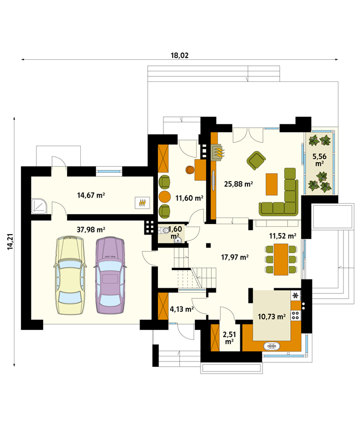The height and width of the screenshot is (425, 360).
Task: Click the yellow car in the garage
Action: tap(70, 275)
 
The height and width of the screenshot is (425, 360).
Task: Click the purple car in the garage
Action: tap(110, 275)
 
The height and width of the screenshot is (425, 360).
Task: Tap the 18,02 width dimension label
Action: tap(179, 55)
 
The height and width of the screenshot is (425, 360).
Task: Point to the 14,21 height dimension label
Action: tap(10, 241)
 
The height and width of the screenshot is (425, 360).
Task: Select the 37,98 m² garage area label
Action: tap(91, 230)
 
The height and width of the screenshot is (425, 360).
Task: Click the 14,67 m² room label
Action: tap(91, 195)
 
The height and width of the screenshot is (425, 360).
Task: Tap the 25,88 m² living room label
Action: tap(239, 184)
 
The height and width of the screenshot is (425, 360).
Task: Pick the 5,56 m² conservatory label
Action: tap(320, 159)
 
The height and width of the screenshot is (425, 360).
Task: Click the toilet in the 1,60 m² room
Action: tap(163, 231)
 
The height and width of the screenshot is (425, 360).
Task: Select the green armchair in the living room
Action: tap(256, 160)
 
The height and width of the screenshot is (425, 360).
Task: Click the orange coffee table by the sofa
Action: tap(271, 184)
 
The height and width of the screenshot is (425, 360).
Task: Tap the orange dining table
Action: tap(281, 260)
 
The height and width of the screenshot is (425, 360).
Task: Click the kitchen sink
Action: tap(271, 346)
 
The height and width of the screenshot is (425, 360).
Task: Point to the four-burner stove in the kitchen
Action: tap(295, 315)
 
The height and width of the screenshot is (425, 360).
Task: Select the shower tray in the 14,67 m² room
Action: tap(39, 205)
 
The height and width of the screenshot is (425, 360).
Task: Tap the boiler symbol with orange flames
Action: tap(142, 203)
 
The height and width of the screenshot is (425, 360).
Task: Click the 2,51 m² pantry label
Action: tap(229, 338)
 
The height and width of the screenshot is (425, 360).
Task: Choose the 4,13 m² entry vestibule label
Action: tap(182, 309)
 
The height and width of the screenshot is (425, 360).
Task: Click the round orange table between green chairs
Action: tap(164, 196)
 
